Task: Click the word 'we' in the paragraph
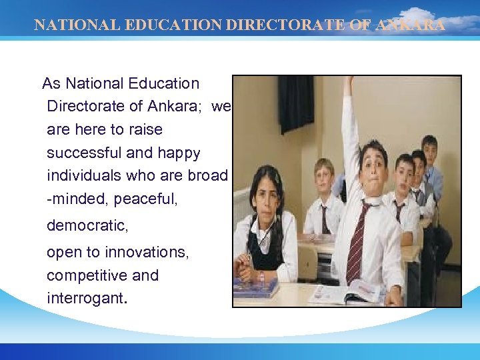coord(222,107)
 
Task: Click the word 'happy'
coord(178,153)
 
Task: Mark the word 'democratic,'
coord(87,226)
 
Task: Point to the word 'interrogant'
coord(85,297)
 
